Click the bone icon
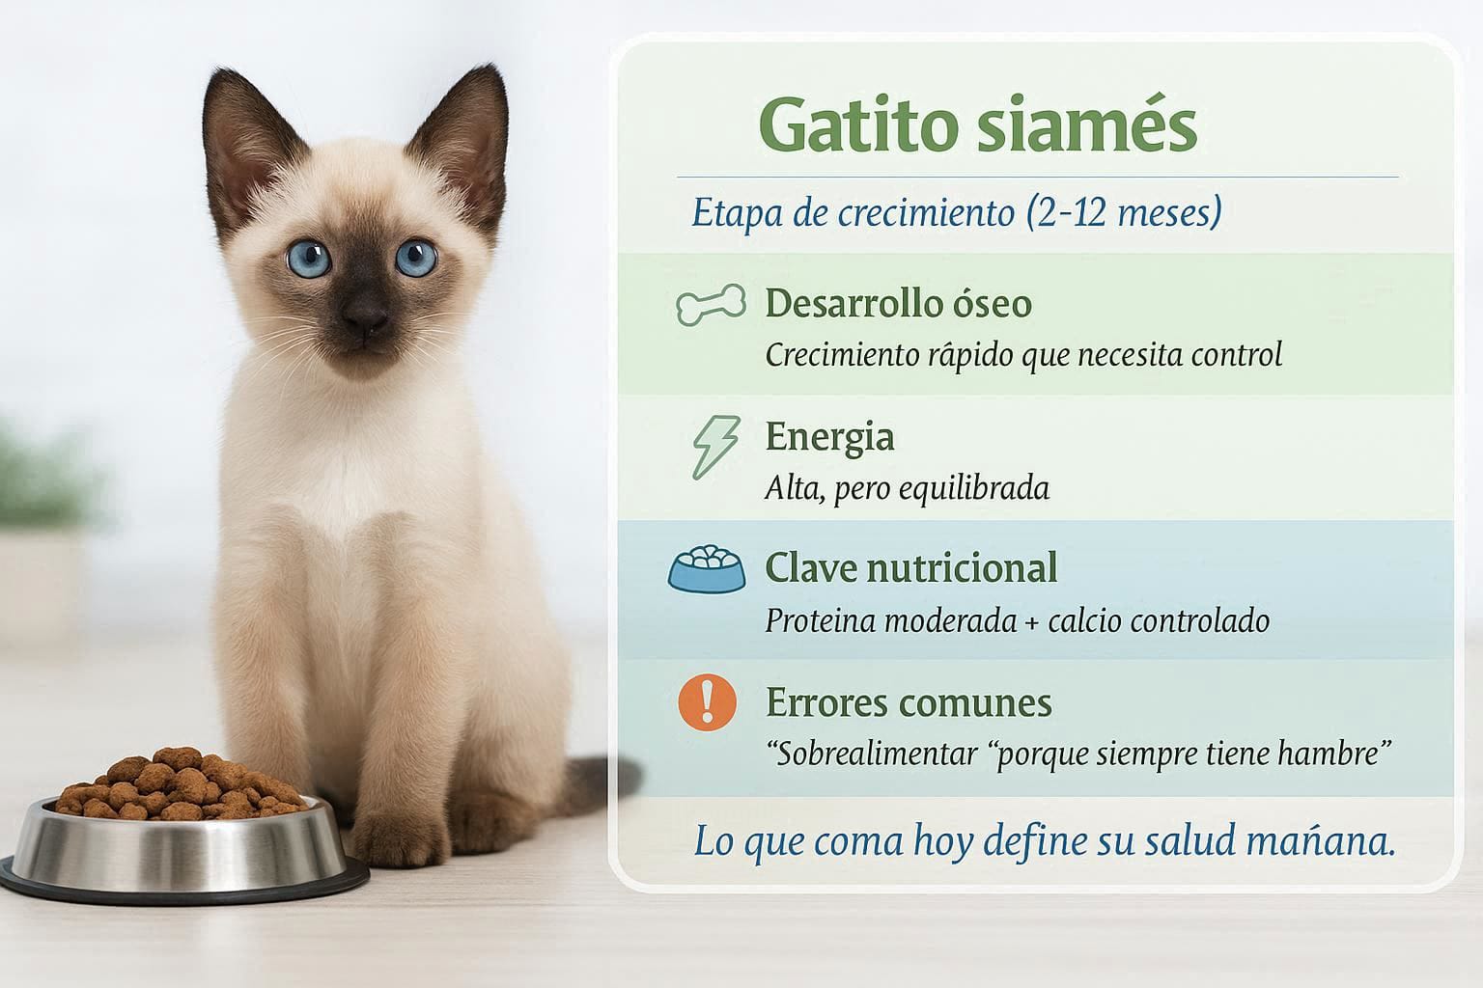tap(711, 304)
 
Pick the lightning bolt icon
tap(715, 447)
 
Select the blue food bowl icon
tap(707, 569)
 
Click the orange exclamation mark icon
tap(707, 702)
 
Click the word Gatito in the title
tap(858, 125)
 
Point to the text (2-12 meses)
tap(1124, 213)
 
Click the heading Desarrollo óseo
tap(899, 304)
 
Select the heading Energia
tap(829, 437)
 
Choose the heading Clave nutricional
tap(911, 567)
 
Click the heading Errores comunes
tap(909, 702)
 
